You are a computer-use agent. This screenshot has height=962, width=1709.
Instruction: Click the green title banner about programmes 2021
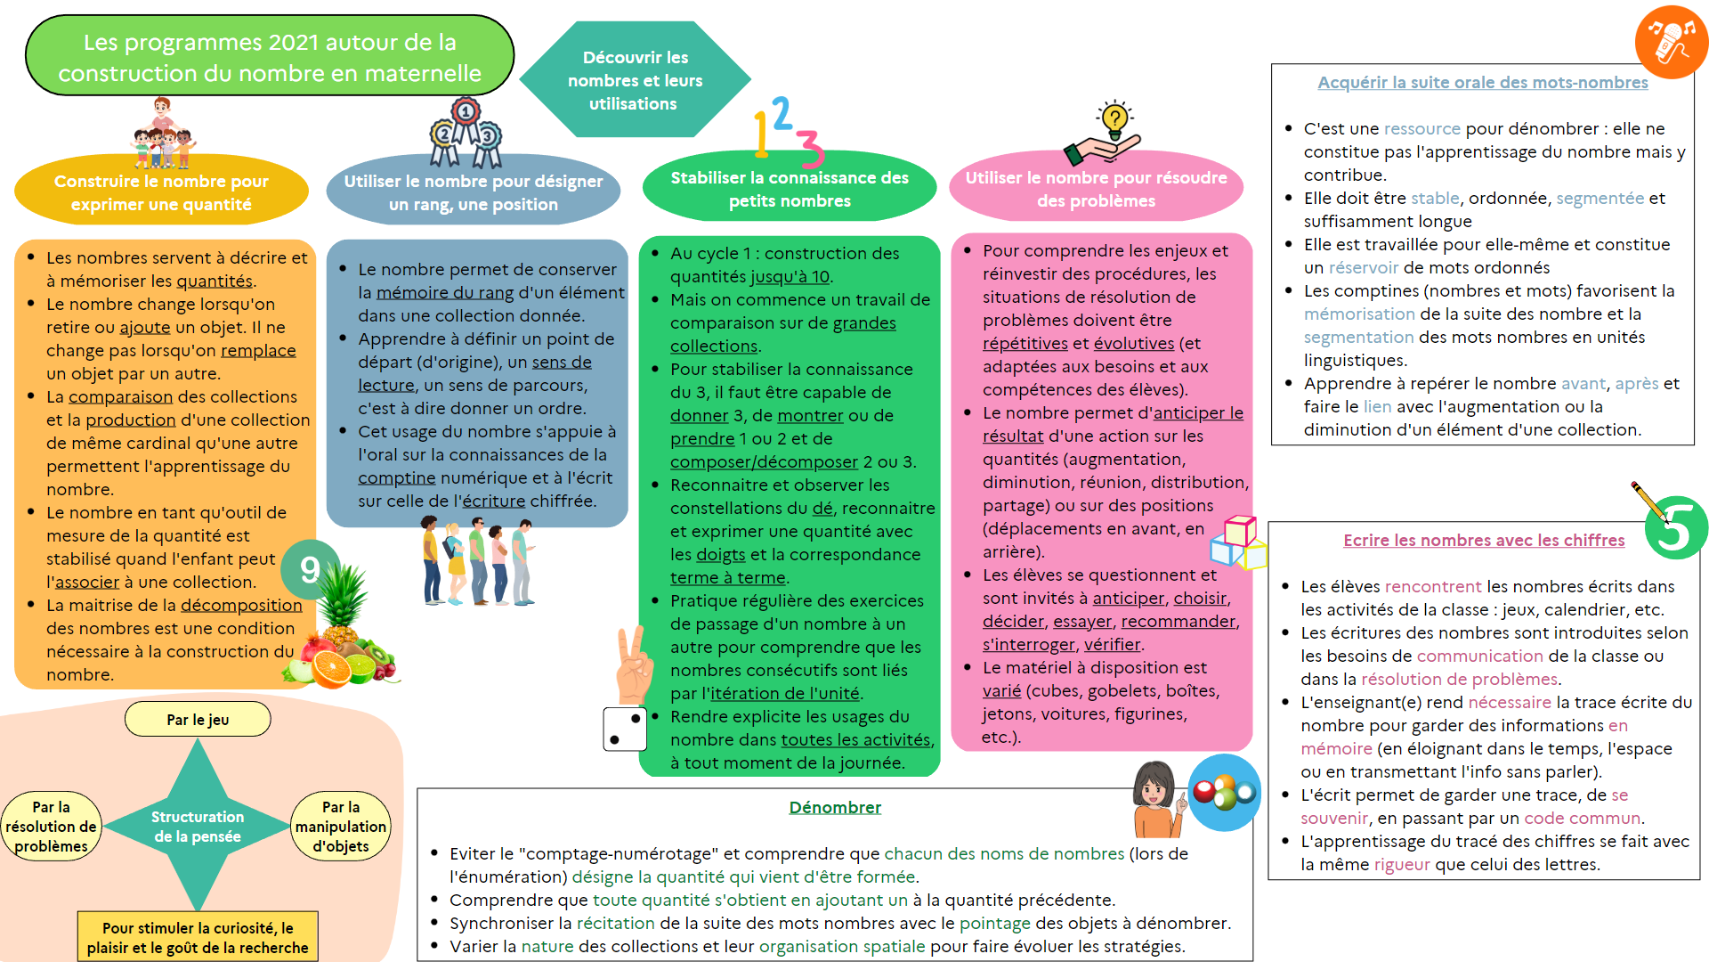[270, 56]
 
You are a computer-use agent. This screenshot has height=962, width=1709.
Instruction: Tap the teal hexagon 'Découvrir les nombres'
[635, 80]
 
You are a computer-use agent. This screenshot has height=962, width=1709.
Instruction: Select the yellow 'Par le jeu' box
[198, 720]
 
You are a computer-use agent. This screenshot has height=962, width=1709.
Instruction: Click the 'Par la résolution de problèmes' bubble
[51, 827]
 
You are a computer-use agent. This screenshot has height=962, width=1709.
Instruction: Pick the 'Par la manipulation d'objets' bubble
[341, 827]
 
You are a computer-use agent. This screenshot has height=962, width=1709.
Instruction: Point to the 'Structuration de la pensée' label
[198, 827]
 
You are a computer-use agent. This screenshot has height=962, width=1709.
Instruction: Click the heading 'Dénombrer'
[834, 807]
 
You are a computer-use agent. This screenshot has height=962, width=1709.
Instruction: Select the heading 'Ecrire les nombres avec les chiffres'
[1483, 541]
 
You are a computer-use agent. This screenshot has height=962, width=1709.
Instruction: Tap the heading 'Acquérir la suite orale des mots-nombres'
[1482, 83]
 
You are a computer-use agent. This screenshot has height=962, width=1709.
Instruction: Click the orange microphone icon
[1670, 42]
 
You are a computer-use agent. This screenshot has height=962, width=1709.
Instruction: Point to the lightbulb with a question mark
[1114, 119]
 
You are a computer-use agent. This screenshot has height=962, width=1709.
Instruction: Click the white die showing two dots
[625, 730]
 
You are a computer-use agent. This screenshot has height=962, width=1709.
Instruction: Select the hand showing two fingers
[634, 666]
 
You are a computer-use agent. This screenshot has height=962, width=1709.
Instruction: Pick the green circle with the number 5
[1676, 528]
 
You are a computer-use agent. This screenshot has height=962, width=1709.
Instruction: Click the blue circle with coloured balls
[1224, 792]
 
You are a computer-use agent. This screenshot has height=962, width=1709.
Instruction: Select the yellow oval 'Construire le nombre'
[161, 192]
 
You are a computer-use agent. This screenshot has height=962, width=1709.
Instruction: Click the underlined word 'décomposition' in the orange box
[241, 606]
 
